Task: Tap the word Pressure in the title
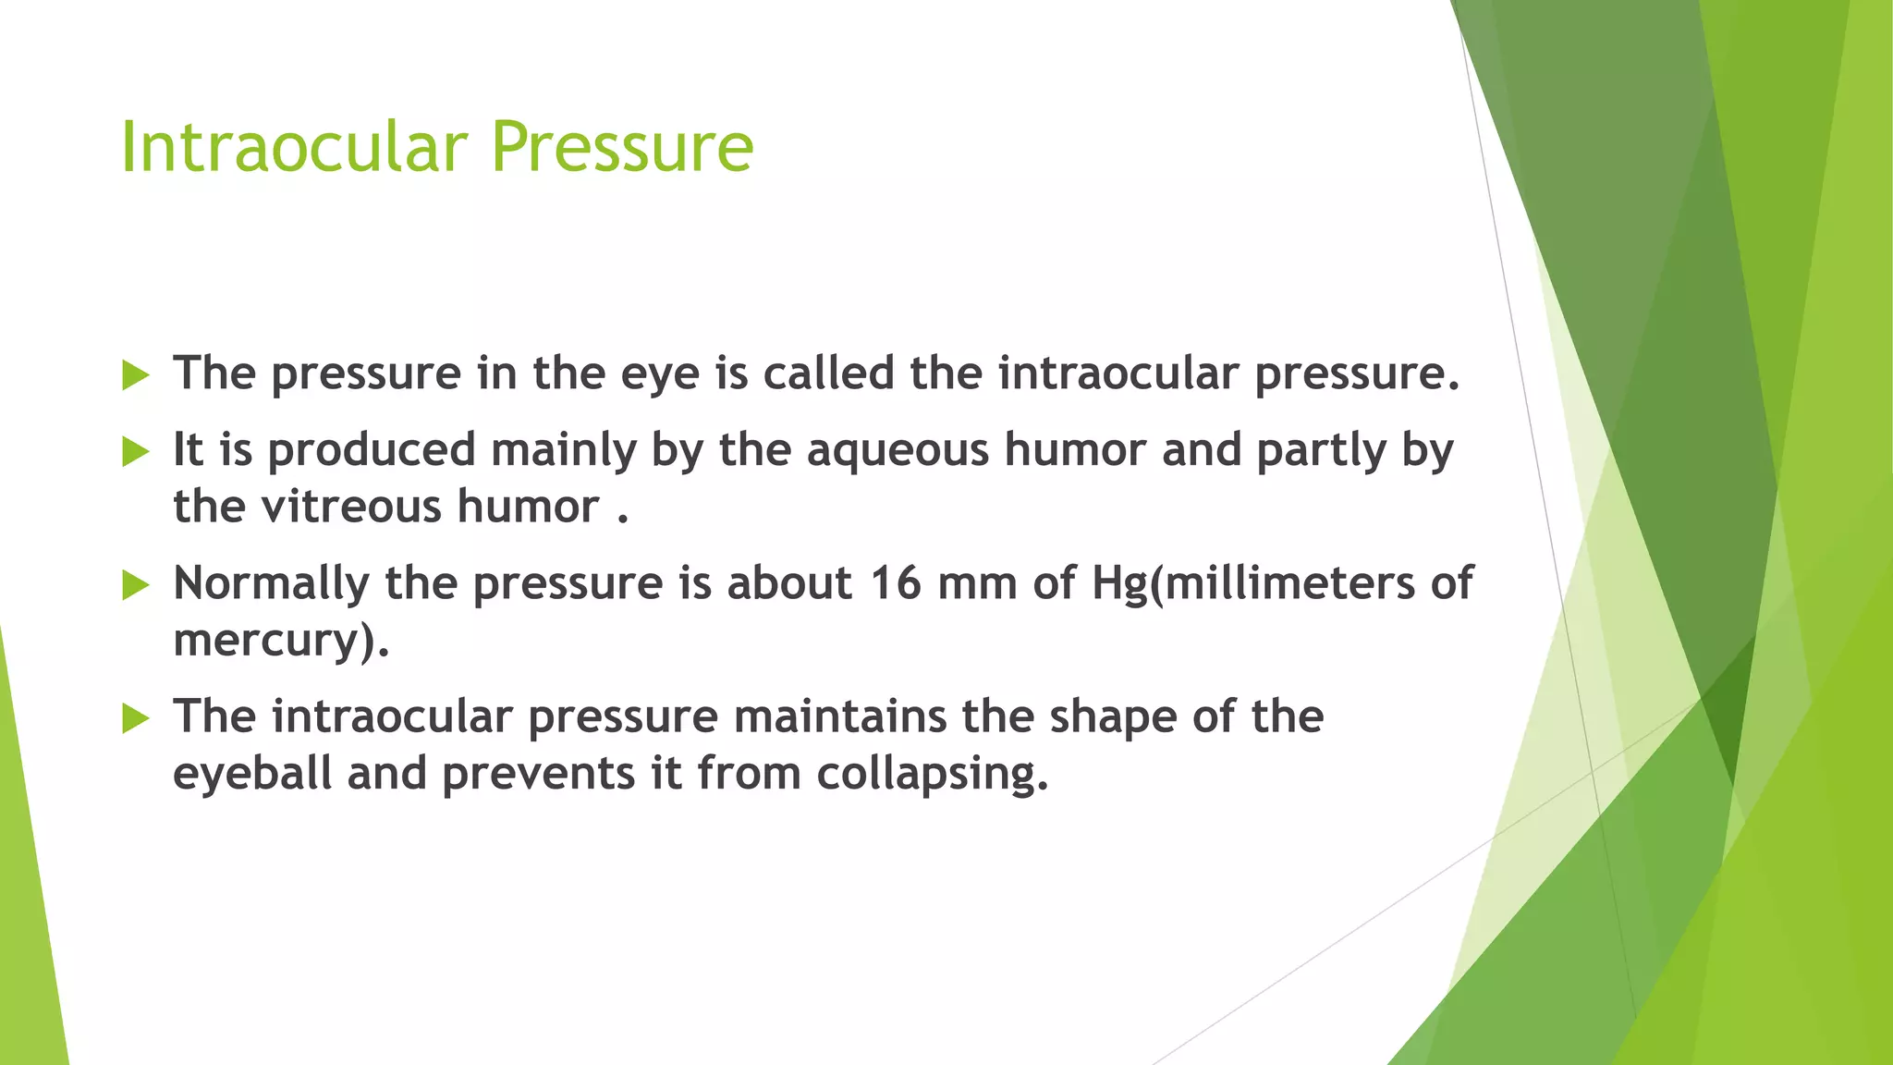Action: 622,148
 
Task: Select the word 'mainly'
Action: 564,450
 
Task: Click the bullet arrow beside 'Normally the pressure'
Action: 135,585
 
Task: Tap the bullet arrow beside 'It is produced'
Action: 135,452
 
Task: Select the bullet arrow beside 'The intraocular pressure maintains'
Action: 135,718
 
